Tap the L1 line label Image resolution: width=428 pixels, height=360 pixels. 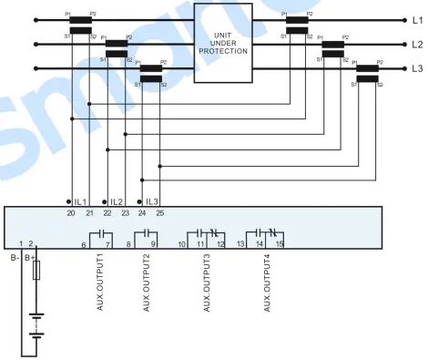[x=417, y=18]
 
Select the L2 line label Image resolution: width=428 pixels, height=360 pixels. [x=417, y=43]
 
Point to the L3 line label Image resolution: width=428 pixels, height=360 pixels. [x=417, y=68]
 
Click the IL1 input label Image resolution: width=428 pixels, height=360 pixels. [x=80, y=201]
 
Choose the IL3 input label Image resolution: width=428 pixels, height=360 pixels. [x=151, y=201]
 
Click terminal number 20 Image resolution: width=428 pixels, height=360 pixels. [x=71, y=212]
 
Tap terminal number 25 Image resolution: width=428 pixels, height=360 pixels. [x=160, y=212]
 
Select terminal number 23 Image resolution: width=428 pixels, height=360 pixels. [x=125, y=212]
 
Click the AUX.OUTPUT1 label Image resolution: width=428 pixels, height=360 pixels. [x=101, y=283]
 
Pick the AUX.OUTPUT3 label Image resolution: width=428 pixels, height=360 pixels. [x=208, y=283]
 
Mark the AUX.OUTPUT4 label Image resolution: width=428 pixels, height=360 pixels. [x=267, y=283]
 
